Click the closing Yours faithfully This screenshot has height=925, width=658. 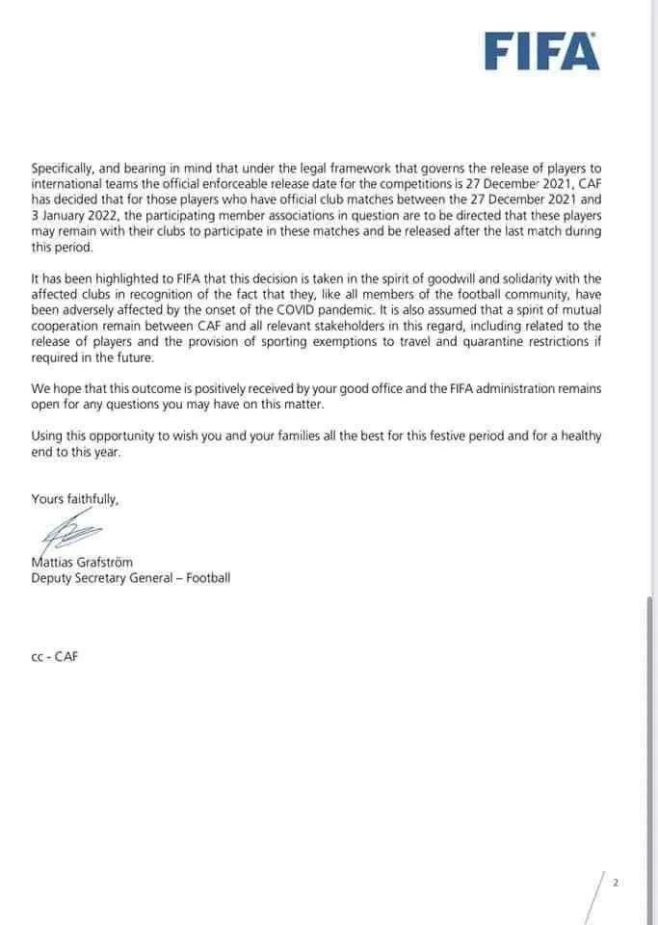click(75, 498)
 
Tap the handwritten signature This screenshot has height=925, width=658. click(69, 531)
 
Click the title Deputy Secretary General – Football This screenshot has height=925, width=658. click(131, 578)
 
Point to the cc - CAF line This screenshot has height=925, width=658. click(54, 657)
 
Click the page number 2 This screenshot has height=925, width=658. click(616, 882)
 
